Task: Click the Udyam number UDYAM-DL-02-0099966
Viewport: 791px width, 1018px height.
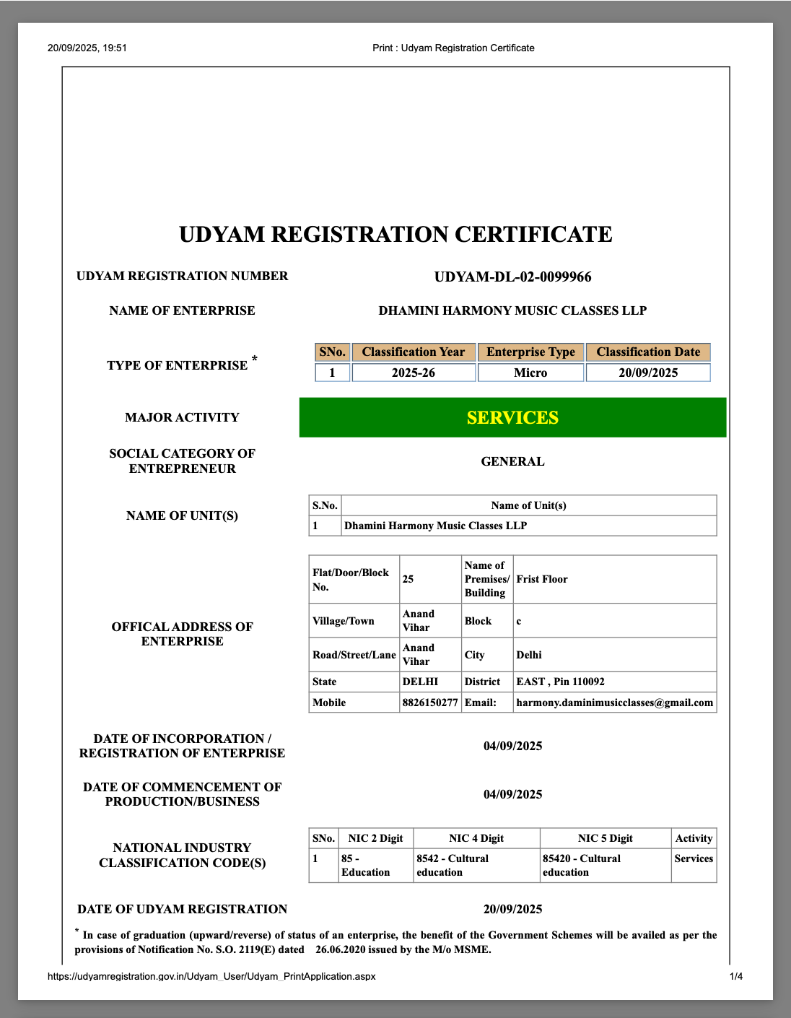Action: [512, 277]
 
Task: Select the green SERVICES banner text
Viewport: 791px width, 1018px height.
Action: [512, 418]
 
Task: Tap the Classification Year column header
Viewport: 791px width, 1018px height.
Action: [414, 352]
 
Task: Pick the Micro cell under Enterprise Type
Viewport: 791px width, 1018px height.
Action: [530, 373]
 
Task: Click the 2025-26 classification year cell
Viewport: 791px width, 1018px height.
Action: [414, 373]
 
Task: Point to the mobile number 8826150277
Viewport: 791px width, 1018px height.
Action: [430, 702]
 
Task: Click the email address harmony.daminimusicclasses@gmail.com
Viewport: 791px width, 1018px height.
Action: [614, 702]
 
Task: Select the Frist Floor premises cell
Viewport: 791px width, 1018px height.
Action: [542, 579]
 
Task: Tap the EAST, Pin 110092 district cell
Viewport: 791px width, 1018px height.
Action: [560, 682]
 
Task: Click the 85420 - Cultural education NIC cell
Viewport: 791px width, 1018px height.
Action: [582, 865]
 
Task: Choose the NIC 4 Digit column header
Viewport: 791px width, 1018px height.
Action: [476, 838]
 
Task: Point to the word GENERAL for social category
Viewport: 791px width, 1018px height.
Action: [512, 461]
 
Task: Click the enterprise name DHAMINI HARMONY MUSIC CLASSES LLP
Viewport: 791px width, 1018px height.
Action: [512, 310]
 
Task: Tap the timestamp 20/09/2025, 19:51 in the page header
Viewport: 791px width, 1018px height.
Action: [87, 48]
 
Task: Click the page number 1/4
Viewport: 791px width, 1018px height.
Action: [736, 976]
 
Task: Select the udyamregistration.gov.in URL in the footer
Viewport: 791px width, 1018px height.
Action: [211, 976]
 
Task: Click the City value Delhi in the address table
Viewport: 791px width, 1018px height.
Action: [529, 655]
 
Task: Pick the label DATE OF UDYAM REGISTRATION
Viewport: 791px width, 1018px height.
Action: [182, 909]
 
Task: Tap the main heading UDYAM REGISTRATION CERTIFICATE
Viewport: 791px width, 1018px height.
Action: [395, 235]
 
